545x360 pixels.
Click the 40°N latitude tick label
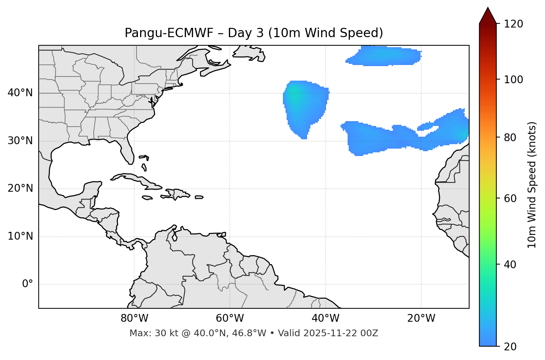coord(20,93)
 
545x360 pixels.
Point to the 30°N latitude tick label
coord(20,141)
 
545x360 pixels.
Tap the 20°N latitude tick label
coord(20,188)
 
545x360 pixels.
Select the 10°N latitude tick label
coord(20,236)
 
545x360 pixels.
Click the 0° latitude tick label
coord(28,284)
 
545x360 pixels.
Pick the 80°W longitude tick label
coord(135,318)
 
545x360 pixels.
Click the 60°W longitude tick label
coord(230,318)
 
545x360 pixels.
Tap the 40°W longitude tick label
coord(326,318)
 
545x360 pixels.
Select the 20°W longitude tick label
coord(421,318)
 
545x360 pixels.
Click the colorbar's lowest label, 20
coord(512,347)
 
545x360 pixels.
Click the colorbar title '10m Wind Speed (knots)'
coord(532,185)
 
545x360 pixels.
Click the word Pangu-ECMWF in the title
coord(169,33)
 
